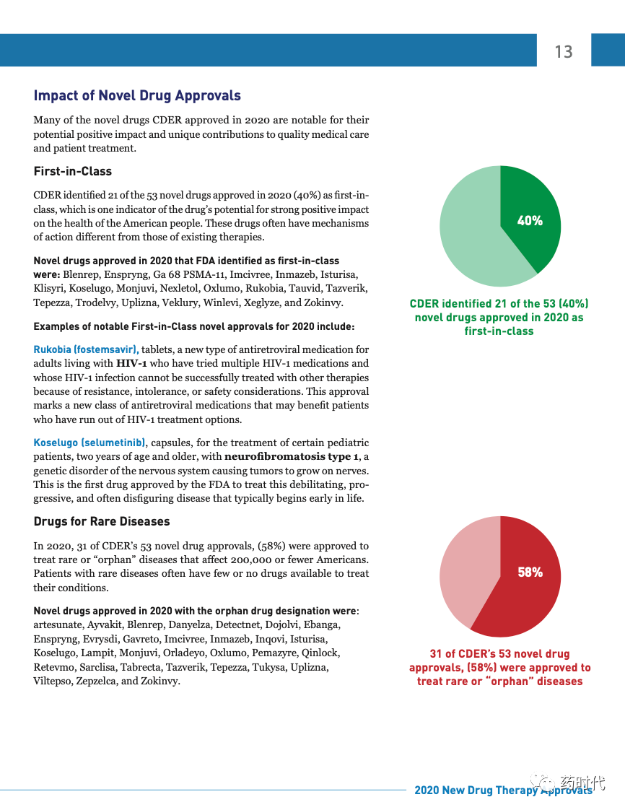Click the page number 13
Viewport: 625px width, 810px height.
[563, 52]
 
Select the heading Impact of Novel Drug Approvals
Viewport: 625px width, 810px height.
[137, 96]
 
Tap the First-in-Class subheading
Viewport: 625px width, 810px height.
[72, 172]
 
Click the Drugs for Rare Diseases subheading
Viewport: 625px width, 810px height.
[102, 521]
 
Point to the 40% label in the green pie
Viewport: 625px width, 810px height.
[530, 221]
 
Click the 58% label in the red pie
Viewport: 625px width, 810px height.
[530, 572]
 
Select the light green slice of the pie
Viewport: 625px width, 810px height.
[469, 231]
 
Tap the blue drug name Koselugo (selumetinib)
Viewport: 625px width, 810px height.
[89, 443]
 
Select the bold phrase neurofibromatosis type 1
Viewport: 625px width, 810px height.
[292, 457]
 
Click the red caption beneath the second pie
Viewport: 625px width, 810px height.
[499, 668]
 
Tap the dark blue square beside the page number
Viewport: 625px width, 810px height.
[608, 50]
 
